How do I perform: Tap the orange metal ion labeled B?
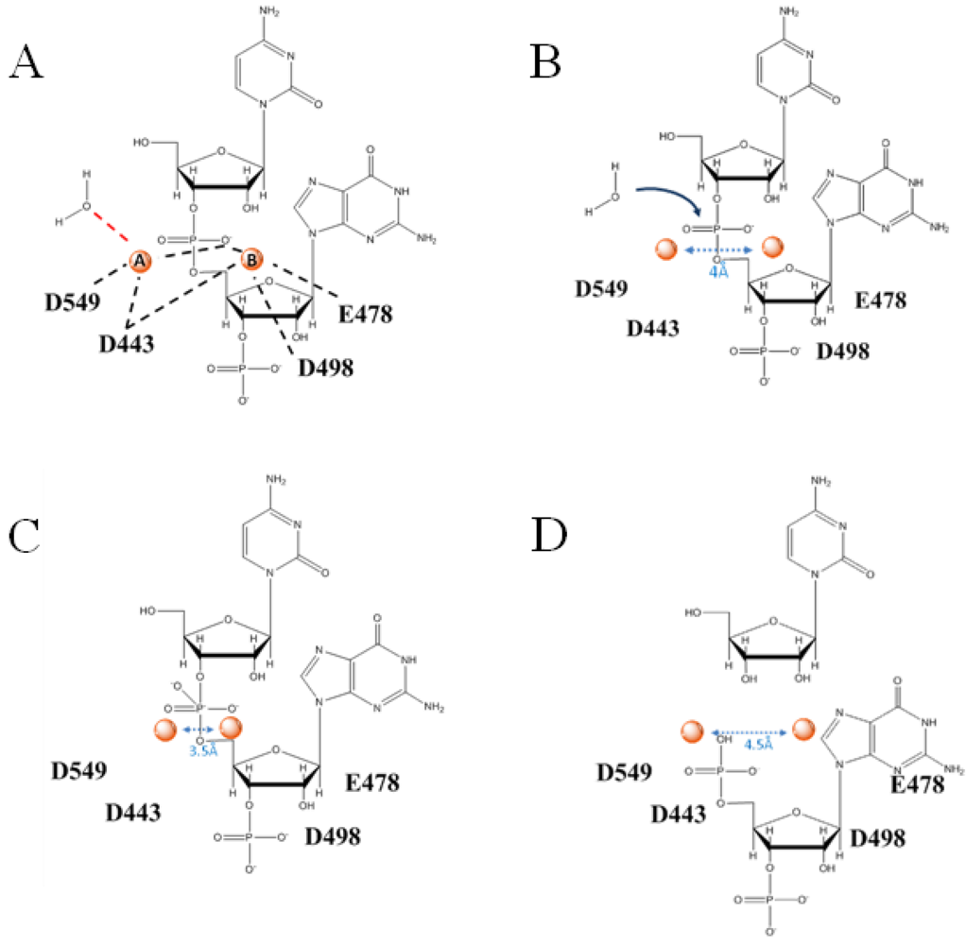pyautogui.click(x=251, y=258)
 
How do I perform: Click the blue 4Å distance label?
pyautogui.click(x=717, y=270)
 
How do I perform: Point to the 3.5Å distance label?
pyautogui.click(x=200, y=750)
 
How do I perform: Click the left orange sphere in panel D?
pyautogui.click(x=694, y=730)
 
